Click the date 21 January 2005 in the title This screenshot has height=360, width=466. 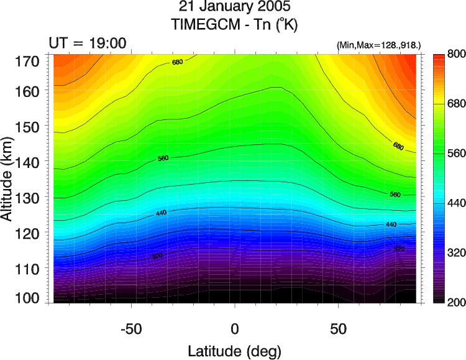click(234, 8)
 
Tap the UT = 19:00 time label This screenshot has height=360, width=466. click(88, 43)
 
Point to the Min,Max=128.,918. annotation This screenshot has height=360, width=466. click(379, 45)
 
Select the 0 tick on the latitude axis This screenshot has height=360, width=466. click(235, 328)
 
